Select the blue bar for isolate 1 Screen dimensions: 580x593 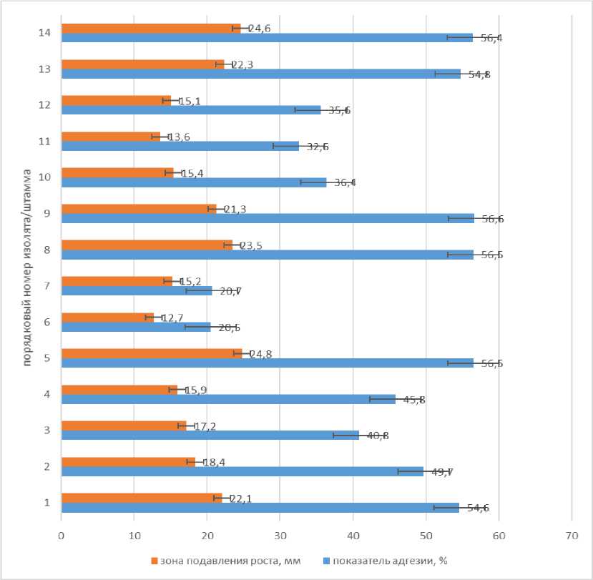coord(258,508)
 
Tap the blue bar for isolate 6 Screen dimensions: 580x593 coord(136,327)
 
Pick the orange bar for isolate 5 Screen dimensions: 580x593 coord(150,353)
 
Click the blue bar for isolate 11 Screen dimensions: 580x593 coord(179,146)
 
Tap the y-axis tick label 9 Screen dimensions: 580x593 coord(46,213)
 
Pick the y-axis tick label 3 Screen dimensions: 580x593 coord(46,430)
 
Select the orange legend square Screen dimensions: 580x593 coord(154,561)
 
